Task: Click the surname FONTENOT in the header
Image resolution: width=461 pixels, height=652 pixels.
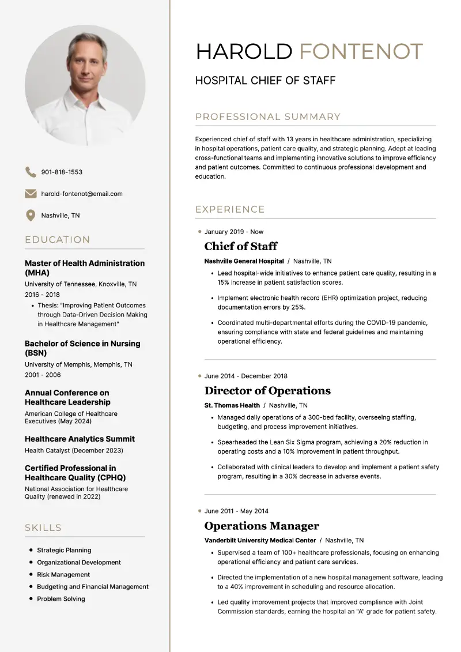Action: click(361, 51)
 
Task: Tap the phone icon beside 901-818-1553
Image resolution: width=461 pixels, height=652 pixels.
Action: click(31, 172)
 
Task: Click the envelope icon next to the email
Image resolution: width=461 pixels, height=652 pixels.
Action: click(31, 194)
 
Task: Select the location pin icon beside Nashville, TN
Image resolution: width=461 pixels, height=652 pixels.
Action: click(31, 215)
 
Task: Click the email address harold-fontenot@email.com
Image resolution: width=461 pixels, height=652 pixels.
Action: click(81, 194)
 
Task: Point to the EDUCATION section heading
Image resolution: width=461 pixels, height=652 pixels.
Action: click(58, 240)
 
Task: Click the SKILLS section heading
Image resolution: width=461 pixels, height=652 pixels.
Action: click(43, 527)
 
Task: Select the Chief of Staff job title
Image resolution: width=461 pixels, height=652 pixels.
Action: click(240, 246)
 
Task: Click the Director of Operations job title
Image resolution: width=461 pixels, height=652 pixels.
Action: click(267, 390)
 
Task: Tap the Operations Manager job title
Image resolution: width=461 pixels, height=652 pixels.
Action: click(262, 526)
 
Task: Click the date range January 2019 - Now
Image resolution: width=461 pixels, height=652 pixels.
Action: click(233, 232)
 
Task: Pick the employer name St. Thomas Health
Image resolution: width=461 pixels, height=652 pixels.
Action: click(232, 405)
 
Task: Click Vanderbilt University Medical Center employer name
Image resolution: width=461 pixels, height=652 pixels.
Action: click(260, 540)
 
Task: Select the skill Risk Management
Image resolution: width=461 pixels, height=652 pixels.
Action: click(63, 575)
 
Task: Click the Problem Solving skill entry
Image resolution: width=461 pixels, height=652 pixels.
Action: click(61, 599)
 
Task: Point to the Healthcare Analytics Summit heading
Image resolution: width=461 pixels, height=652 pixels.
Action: click(80, 439)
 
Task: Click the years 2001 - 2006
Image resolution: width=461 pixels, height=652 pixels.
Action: click(43, 375)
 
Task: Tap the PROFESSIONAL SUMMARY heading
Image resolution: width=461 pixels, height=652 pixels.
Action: click(268, 117)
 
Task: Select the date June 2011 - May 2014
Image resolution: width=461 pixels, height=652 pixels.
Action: click(236, 511)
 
